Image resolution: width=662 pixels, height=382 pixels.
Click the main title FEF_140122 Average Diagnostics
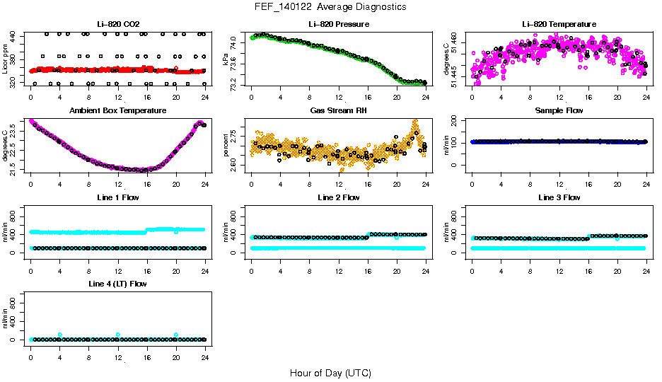coord(331,7)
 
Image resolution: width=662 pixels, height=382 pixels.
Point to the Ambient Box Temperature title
coord(118,111)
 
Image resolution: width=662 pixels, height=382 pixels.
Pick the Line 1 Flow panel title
coord(118,197)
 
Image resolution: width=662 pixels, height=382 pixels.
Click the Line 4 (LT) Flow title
coord(118,284)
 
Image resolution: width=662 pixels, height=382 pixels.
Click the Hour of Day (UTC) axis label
coord(330,373)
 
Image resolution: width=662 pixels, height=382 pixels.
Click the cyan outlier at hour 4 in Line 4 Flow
coord(60,335)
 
